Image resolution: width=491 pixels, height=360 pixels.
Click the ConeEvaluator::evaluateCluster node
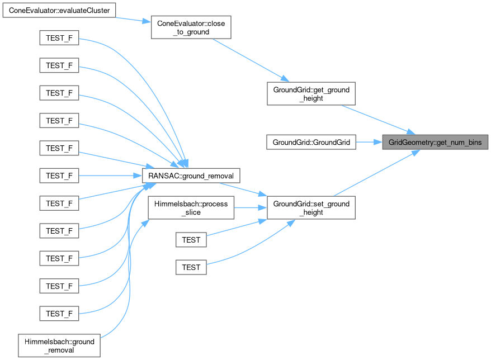59,10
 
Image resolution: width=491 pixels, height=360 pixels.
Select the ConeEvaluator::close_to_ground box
191,27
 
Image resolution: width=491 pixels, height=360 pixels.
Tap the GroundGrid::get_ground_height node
310,93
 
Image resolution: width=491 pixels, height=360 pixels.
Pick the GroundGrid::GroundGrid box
311,142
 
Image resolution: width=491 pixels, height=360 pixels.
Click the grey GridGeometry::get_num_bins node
435,142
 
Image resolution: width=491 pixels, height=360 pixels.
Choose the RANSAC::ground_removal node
191,175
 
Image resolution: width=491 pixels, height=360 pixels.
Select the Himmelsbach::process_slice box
191,208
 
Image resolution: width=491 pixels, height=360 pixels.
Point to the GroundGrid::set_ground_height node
310,208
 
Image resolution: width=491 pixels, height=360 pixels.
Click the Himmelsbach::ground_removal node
59,345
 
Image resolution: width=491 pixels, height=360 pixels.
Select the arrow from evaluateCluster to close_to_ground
134,19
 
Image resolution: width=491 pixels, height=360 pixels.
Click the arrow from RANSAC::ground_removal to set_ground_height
254,192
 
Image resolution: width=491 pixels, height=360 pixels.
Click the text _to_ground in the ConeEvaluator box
191,32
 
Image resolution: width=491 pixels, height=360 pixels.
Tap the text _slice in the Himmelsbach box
191,213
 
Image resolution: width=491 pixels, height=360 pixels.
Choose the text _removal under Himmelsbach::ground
59,350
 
